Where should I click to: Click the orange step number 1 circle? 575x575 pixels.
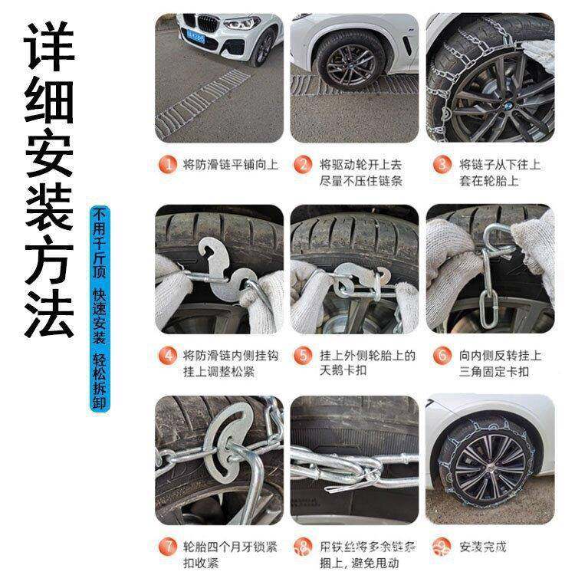(x=166, y=165)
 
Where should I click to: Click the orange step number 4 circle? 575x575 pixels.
(x=166, y=356)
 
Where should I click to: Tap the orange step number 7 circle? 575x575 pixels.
(x=166, y=547)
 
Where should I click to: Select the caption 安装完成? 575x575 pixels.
(x=483, y=547)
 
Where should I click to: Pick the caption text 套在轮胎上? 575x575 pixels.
(x=488, y=182)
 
